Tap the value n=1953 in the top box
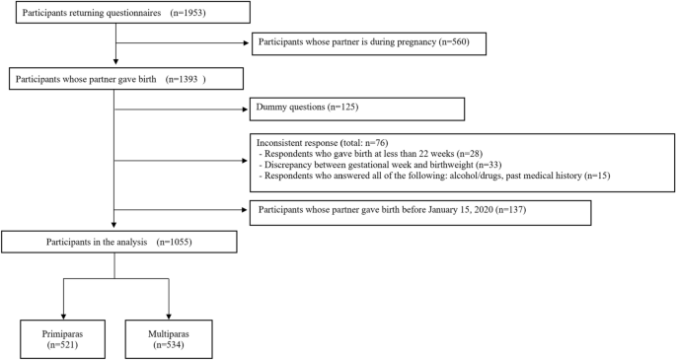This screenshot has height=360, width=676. tap(189, 15)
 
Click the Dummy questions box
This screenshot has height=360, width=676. tap(357, 108)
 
